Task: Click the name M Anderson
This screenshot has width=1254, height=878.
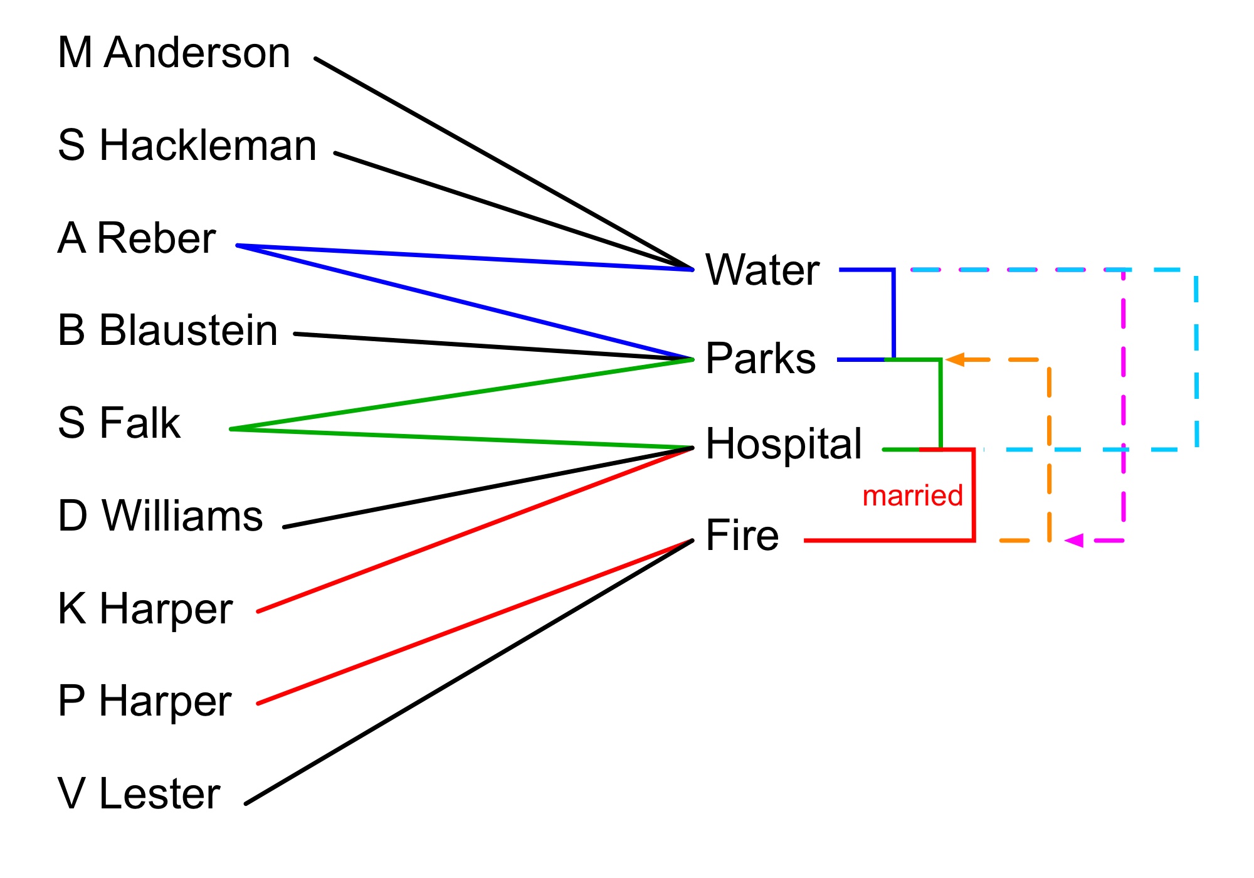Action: [174, 53]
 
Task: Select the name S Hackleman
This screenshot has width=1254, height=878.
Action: [187, 145]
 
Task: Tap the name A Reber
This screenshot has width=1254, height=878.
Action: [137, 238]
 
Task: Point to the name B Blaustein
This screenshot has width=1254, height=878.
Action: [167, 331]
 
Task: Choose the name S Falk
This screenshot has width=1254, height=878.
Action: [119, 423]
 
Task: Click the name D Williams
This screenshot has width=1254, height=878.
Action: [160, 516]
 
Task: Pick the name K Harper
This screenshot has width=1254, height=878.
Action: [145, 608]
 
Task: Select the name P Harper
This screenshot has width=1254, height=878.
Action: [144, 701]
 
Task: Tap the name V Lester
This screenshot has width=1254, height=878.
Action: [139, 794]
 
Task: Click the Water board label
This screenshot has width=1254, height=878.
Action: [762, 270]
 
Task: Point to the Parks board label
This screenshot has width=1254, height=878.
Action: [760, 359]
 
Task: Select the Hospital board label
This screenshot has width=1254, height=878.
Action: [783, 444]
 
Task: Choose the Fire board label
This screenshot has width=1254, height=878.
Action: [742, 536]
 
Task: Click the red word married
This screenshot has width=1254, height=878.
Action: [912, 496]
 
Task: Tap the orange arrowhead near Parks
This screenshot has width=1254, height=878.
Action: [955, 360]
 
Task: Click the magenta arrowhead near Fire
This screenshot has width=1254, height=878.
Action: [1074, 540]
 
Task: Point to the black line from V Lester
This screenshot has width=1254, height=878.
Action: [470, 671]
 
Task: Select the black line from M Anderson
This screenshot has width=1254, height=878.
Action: [502, 163]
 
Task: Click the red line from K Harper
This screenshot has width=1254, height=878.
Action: [477, 530]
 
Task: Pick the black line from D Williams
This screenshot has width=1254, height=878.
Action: [489, 487]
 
